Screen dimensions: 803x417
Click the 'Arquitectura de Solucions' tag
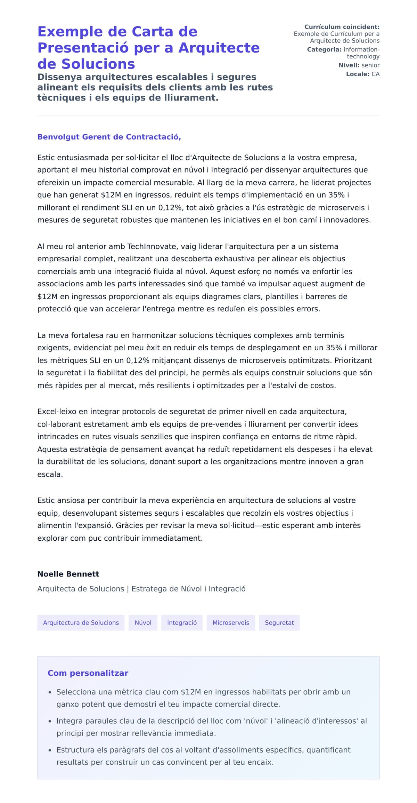[81, 622]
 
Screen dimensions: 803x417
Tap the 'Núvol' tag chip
[143, 622]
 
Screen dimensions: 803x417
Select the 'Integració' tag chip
[182, 622]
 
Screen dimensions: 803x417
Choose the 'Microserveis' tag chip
[231, 622]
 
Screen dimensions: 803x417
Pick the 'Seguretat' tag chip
[279, 622]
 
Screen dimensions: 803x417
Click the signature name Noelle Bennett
[68, 574]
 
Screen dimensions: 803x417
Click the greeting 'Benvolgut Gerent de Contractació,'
[109, 137]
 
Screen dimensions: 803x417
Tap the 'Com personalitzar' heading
[88, 673]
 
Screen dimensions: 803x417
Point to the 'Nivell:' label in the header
[349, 65]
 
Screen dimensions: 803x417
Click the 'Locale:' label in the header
[358, 74]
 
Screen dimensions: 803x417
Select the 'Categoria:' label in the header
[324, 50]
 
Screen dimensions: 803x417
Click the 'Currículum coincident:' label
[342, 27]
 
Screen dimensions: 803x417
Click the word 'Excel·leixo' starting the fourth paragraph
[57, 412]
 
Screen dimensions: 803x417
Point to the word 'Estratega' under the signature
[149, 589]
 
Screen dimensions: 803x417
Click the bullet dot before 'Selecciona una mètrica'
[50, 692]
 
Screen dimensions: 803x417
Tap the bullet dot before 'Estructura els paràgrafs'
[50, 750]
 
